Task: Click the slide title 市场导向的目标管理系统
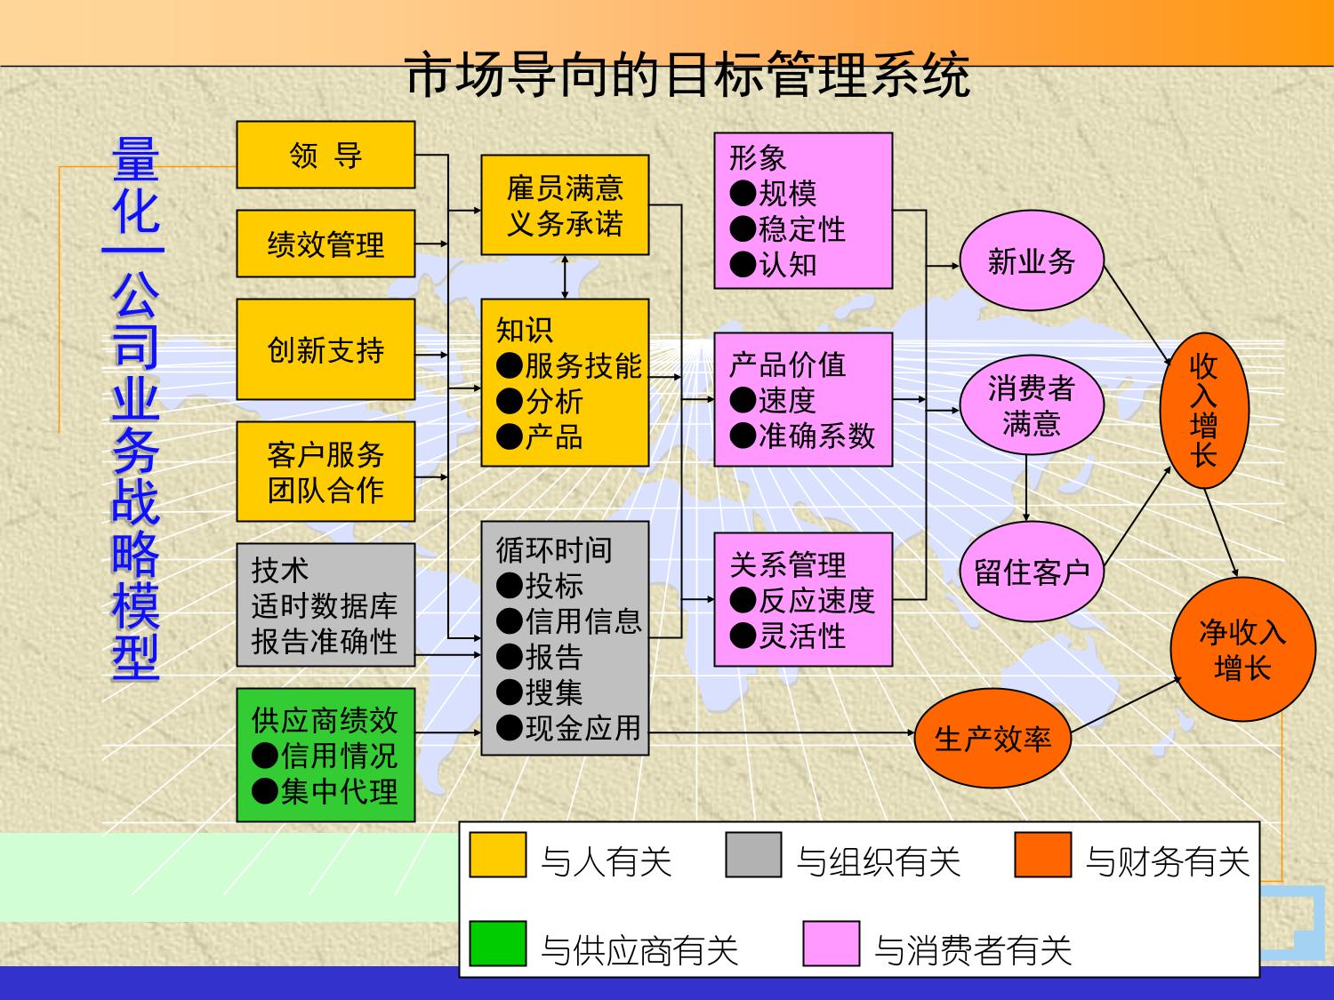tap(687, 75)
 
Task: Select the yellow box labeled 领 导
tap(325, 156)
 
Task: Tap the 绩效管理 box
tap(325, 244)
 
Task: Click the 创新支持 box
tap(325, 349)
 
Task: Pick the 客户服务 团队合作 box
tap(325, 471)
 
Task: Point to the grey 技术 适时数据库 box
tap(325, 605)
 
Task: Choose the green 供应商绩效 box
tap(325, 755)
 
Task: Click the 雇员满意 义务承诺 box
tap(565, 205)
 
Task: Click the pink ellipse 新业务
tap(1032, 261)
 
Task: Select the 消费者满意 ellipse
tap(1032, 405)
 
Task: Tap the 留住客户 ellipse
tap(1032, 572)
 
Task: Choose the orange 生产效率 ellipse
tap(992, 738)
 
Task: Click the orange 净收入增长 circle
tap(1242, 649)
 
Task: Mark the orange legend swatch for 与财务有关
tap(1042, 855)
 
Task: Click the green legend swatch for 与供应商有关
tap(498, 944)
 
